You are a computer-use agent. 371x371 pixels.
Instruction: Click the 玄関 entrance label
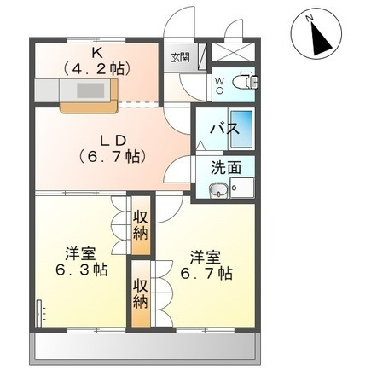coord(180,58)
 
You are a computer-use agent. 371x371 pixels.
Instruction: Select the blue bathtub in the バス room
coord(241,129)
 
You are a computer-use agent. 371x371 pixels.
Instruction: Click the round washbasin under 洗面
coord(218,190)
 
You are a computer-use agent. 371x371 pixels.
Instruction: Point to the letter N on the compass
coord(310,18)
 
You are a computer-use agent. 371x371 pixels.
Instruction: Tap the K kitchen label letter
coord(96,52)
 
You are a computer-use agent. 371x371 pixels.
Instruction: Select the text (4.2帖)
coord(96,68)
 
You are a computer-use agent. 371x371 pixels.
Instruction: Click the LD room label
coord(113,140)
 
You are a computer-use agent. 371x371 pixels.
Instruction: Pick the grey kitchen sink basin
coord(91,90)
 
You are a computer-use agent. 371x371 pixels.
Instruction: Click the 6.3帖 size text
coord(81,270)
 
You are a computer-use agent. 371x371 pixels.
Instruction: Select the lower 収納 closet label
coord(141,295)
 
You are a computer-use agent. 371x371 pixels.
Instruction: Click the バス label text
coord(224,129)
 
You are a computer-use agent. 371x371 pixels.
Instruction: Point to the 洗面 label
coord(226,168)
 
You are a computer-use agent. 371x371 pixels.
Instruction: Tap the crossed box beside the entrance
coord(233,53)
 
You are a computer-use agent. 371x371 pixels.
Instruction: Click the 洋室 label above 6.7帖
coord(206,257)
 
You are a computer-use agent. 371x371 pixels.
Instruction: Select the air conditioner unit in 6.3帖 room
coord(39,314)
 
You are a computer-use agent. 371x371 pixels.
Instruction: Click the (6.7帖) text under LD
coord(113,156)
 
